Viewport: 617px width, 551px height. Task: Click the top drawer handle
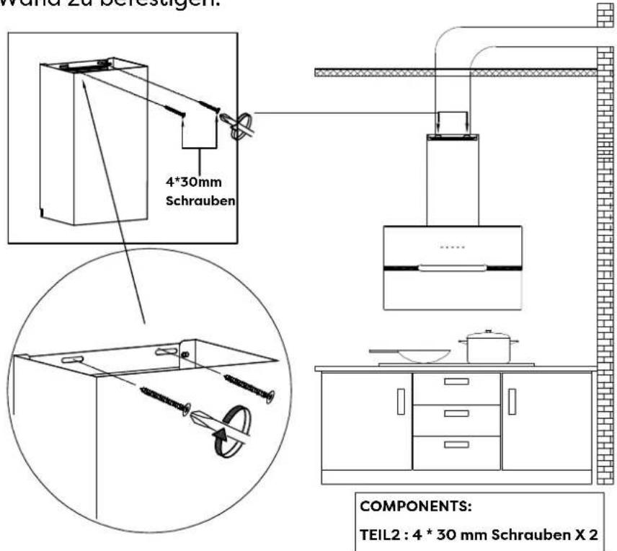[456, 383]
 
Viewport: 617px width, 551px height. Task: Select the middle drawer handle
[456, 413]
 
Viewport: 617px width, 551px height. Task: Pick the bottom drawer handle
[456, 445]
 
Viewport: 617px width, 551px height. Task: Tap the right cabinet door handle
[512, 401]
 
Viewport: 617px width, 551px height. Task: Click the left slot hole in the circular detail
[72, 358]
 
